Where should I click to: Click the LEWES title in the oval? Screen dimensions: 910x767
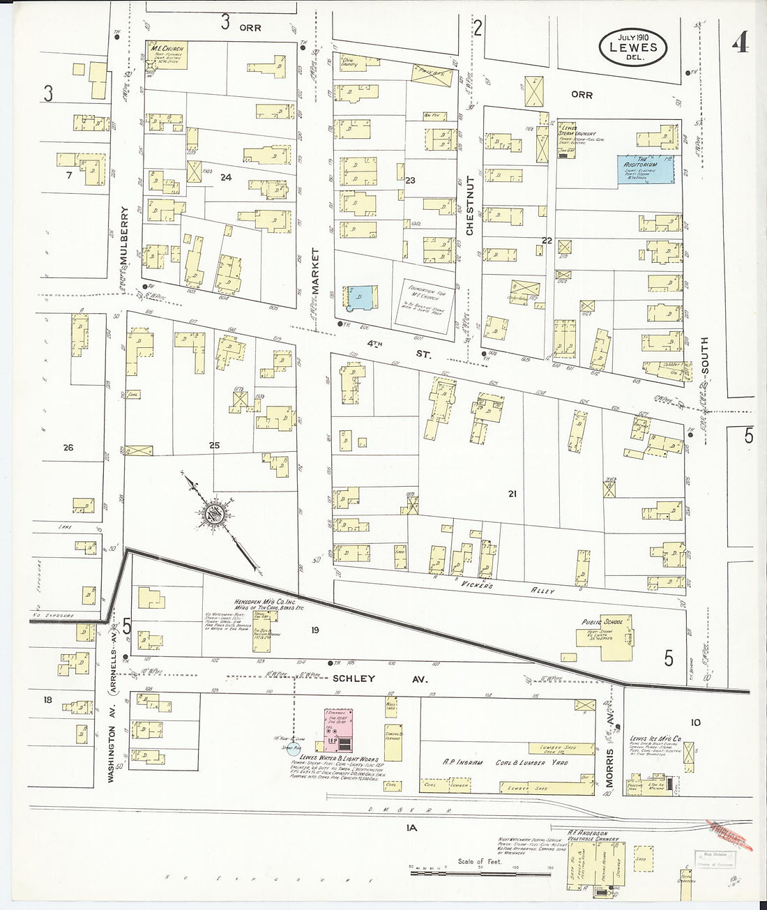point(633,47)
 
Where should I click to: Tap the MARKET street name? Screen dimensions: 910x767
point(314,271)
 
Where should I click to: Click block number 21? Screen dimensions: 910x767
point(512,494)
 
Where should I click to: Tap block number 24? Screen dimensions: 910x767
point(225,178)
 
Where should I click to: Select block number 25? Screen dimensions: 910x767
point(215,444)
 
